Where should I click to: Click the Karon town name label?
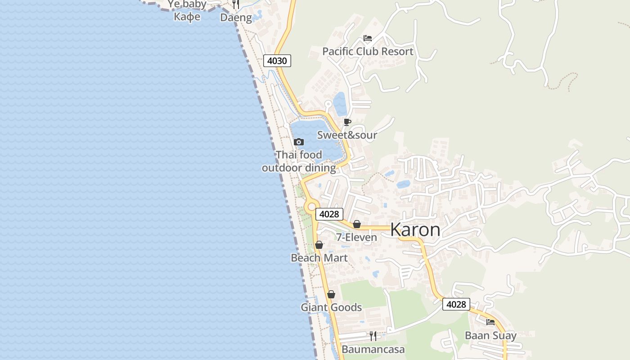click(x=415, y=229)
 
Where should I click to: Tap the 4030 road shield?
click(x=277, y=61)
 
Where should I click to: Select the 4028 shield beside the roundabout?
click(x=329, y=214)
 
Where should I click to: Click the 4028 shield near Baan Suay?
click(x=456, y=305)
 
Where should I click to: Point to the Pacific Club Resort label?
click(x=368, y=51)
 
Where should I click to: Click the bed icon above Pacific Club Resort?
click(x=368, y=38)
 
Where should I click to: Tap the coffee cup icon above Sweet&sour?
click(x=347, y=122)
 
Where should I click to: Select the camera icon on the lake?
click(x=298, y=142)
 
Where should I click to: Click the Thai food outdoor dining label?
click(x=299, y=162)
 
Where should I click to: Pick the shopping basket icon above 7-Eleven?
click(x=357, y=224)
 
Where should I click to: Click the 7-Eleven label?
click(x=357, y=237)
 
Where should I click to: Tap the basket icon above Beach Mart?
click(x=319, y=245)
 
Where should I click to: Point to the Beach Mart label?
click(x=319, y=258)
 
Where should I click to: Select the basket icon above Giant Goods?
click(x=331, y=295)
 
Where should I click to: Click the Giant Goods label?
click(x=331, y=307)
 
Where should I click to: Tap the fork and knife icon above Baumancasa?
click(x=373, y=336)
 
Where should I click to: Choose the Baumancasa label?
click(x=373, y=349)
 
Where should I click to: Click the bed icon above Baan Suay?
click(x=490, y=322)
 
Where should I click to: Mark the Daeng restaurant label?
click(x=236, y=18)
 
